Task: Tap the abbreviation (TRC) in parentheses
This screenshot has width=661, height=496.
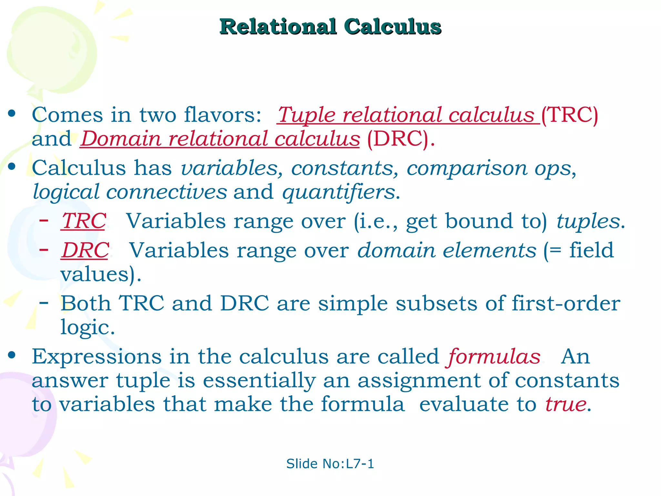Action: click(570, 115)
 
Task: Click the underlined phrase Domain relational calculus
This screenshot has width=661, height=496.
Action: click(220, 139)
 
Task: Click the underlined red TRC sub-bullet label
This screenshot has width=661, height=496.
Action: click(84, 221)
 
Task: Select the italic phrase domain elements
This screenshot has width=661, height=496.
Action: click(447, 250)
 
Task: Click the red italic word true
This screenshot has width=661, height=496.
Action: click(566, 404)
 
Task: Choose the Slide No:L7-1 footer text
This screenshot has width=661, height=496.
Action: click(330, 464)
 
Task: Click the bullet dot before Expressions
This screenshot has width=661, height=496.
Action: click(12, 355)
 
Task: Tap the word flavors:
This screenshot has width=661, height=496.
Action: click(222, 115)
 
